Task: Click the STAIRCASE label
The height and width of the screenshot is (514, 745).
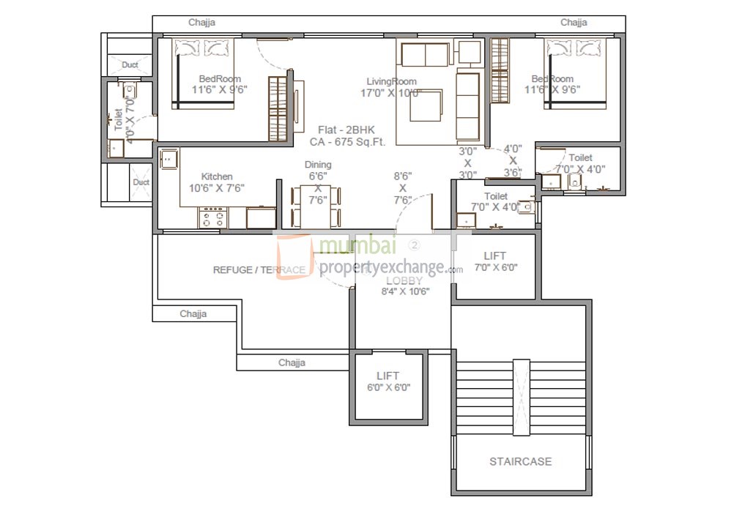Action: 520,461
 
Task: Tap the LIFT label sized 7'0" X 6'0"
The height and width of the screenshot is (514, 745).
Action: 494,256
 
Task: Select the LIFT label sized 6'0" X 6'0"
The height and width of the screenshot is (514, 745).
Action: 388,376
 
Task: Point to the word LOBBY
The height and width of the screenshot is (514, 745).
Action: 404,280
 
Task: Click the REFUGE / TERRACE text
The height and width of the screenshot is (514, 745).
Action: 259,270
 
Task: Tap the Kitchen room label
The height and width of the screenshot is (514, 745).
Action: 217,176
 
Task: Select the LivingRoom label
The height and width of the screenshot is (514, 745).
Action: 392,81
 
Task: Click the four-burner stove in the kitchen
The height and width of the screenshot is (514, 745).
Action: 213,218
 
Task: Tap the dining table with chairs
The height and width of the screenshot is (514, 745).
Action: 316,206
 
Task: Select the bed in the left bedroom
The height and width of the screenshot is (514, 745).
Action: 204,73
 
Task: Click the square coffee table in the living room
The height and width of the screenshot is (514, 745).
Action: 425,106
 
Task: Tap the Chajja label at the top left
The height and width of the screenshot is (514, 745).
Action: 201,23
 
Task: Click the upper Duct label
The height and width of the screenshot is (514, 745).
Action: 130,65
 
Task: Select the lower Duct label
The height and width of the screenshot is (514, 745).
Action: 141,182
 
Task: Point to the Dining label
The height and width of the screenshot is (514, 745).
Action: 318,165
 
